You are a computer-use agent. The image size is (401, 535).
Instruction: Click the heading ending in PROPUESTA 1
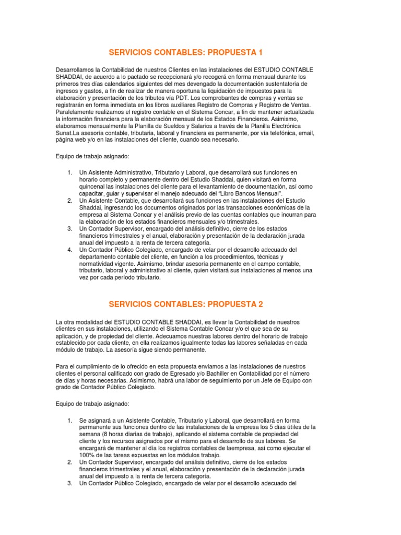pos(185,52)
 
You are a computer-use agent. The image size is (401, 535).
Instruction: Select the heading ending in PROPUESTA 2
pos(185,304)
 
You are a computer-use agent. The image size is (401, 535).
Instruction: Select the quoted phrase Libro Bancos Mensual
pos(252,193)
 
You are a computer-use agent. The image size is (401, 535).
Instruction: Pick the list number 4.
pos(69,250)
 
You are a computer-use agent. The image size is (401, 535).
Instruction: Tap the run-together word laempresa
pos(226,448)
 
